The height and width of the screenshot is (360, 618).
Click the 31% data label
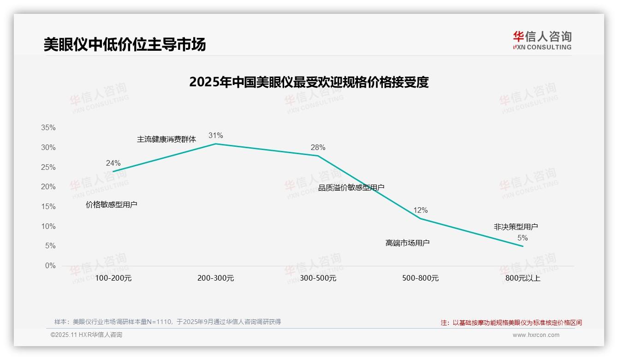(x=215, y=135)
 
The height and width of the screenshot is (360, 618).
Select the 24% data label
(x=113, y=163)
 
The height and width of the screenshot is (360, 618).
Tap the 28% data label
(x=318, y=148)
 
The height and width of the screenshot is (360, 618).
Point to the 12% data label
(x=420, y=210)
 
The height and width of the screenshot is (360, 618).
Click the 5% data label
(x=523, y=238)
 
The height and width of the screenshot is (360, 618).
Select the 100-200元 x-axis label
(x=113, y=278)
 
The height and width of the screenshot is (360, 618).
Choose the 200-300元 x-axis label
(x=216, y=278)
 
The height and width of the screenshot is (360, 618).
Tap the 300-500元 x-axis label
(x=318, y=278)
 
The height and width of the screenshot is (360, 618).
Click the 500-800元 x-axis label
(x=421, y=278)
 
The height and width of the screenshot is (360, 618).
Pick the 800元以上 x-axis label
(x=523, y=278)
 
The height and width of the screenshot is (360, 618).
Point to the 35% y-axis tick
(x=48, y=128)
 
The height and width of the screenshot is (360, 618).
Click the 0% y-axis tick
(x=50, y=266)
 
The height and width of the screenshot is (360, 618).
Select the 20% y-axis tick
(x=48, y=187)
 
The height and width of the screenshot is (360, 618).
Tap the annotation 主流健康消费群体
(x=166, y=139)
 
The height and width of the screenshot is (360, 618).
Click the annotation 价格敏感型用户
(x=112, y=204)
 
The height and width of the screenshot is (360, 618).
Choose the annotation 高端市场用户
(x=408, y=243)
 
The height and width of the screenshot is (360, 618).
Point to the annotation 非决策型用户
(x=516, y=227)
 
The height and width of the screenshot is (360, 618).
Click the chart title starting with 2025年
(x=309, y=82)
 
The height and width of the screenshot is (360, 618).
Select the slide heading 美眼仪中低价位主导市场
(x=125, y=44)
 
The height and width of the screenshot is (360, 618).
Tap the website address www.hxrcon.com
(x=536, y=335)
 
